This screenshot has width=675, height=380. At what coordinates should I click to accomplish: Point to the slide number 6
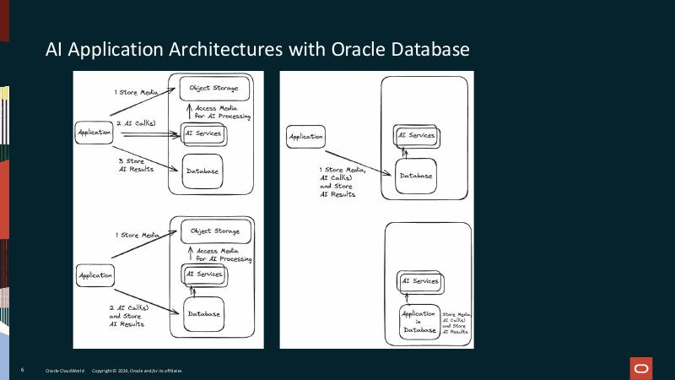pyautogui.click(x=22, y=371)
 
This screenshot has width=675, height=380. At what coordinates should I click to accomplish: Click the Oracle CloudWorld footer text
pyautogui.click(x=64, y=371)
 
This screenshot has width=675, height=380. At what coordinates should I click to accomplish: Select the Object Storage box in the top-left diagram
pyautogui.click(x=214, y=88)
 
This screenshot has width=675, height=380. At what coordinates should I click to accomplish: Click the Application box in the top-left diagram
pyautogui.click(x=94, y=133)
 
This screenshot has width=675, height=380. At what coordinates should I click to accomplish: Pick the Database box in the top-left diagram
pyautogui.click(x=202, y=171)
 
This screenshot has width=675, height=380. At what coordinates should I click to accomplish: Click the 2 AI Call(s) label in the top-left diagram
pyautogui.click(x=137, y=123)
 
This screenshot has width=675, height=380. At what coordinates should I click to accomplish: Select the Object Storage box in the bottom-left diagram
pyautogui.click(x=215, y=231)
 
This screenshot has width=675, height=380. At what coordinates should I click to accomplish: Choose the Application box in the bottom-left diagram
pyautogui.click(x=95, y=275)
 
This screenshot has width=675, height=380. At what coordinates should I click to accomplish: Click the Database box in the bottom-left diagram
pyautogui.click(x=203, y=313)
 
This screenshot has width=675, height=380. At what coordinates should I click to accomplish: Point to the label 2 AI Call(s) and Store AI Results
pyautogui.click(x=127, y=316)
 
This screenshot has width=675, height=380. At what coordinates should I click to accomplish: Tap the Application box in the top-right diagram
pyautogui.click(x=306, y=137)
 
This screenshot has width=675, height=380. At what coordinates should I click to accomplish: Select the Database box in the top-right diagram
pyautogui.click(x=416, y=176)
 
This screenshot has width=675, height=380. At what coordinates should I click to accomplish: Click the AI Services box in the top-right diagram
pyautogui.click(x=418, y=136)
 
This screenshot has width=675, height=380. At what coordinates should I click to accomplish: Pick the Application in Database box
pyautogui.click(x=419, y=322)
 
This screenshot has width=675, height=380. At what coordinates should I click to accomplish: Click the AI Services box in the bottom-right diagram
pyautogui.click(x=419, y=281)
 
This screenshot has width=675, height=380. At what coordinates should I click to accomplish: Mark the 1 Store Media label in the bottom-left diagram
pyautogui.click(x=137, y=235)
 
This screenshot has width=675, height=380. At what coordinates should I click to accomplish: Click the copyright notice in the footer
pyautogui.click(x=136, y=371)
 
